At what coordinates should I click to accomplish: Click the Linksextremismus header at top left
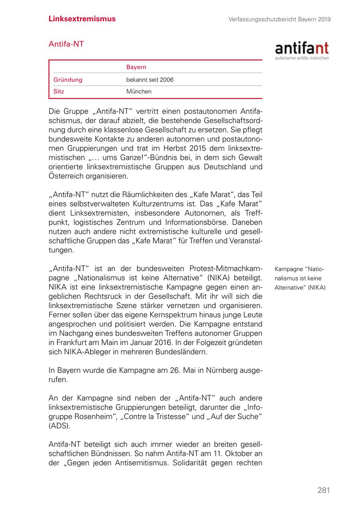(x=82, y=19)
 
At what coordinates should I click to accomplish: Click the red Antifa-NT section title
(x=66, y=44)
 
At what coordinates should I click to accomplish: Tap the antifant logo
(x=302, y=50)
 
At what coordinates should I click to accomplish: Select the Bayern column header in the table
(x=136, y=67)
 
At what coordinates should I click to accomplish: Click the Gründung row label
(x=68, y=80)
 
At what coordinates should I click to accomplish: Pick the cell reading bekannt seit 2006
(x=150, y=80)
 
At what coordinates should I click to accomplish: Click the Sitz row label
(x=59, y=91)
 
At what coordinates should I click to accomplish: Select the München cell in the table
(x=139, y=91)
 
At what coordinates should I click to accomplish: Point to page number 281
(x=324, y=490)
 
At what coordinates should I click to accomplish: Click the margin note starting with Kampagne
(x=300, y=278)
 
